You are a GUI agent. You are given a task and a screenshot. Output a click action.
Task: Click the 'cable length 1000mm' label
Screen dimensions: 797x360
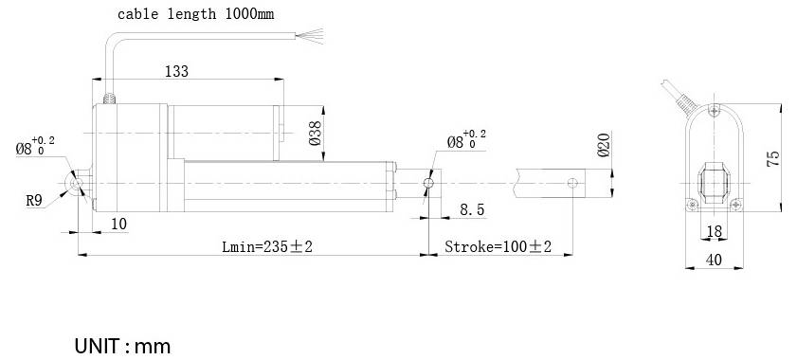(195, 14)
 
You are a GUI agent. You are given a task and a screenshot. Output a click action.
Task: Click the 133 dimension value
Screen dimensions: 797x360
(176, 71)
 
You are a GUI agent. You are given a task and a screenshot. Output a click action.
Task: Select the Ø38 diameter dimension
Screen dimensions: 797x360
(316, 134)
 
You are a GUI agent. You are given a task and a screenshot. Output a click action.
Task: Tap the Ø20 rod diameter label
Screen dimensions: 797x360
(604, 144)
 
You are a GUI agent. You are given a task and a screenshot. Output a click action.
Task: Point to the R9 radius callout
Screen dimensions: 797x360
(33, 200)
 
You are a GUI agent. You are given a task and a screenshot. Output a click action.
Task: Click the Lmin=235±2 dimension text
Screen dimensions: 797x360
(267, 247)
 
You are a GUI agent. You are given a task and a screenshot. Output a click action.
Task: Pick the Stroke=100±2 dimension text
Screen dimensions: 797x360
(498, 247)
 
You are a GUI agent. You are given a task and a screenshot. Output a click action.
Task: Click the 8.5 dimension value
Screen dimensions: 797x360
(472, 209)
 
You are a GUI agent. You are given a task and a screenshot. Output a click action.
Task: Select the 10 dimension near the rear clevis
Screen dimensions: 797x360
(119, 224)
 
